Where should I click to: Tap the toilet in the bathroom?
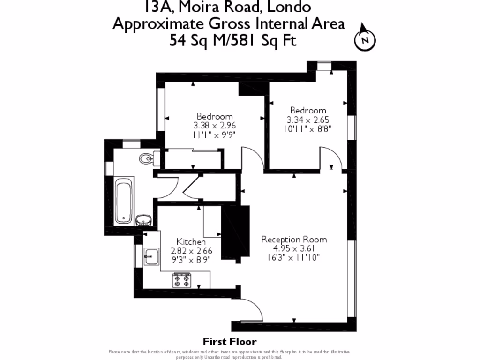[x=146, y=159]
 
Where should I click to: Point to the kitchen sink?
[x=151, y=256]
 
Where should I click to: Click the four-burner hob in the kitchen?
[x=182, y=280]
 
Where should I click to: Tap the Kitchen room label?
[x=191, y=242]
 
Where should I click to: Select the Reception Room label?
[x=294, y=239]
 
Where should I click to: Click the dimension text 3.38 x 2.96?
[x=214, y=126]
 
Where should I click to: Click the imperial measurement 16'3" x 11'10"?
[x=294, y=257]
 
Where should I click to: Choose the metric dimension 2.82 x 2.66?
[x=191, y=251]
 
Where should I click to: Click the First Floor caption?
[x=230, y=342]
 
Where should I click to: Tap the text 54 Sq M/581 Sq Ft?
[x=233, y=41]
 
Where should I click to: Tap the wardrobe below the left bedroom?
[x=192, y=159]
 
